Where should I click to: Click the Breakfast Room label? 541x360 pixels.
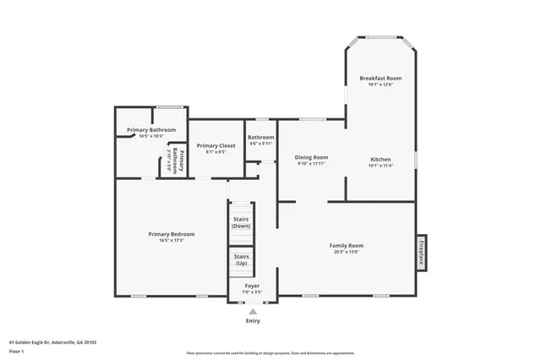coord(380,78)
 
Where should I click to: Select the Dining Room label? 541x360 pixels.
coord(311,157)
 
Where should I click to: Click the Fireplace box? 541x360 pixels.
coord(421,253)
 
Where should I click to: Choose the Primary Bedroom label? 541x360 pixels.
coord(172,234)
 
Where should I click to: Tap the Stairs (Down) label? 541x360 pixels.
coord(241,223)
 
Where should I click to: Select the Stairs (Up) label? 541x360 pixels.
coord(241,260)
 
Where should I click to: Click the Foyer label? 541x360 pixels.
coord(252,286)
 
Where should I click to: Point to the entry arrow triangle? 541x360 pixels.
coord(252,311)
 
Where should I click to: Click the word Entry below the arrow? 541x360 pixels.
coord(252,321)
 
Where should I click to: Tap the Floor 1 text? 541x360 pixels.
coord(17,351)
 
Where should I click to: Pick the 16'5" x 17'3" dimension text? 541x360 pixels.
coord(172,241)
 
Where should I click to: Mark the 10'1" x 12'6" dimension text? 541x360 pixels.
coord(380,85)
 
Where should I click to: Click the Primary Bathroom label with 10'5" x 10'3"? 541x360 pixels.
coord(151,129)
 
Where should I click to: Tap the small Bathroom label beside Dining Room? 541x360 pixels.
coord(260,137)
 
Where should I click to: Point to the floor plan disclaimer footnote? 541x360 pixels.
coord(270,352)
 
